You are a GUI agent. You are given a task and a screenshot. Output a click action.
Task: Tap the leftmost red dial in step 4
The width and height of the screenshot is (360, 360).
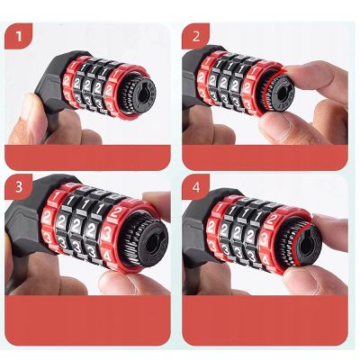(x=219, y=232)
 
